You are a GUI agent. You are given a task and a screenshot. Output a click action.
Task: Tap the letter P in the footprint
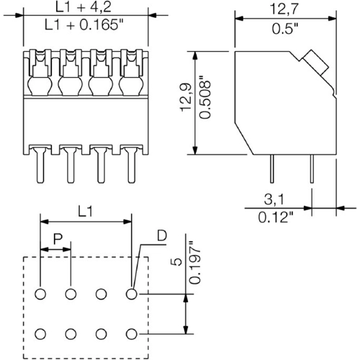pyautogui.click(x=55, y=238)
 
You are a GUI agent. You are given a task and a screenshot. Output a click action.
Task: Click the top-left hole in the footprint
pyautogui.click(x=40, y=294)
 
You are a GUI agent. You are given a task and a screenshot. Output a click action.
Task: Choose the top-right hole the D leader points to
pyautogui.click(x=131, y=294)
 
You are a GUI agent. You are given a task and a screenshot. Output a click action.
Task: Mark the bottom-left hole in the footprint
pyautogui.click(x=40, y=333)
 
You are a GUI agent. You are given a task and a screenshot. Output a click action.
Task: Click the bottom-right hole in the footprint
pyautogui.click(x=131, y=333)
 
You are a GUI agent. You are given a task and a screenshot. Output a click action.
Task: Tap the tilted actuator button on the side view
pyautogui.click(x=315, y=63)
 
